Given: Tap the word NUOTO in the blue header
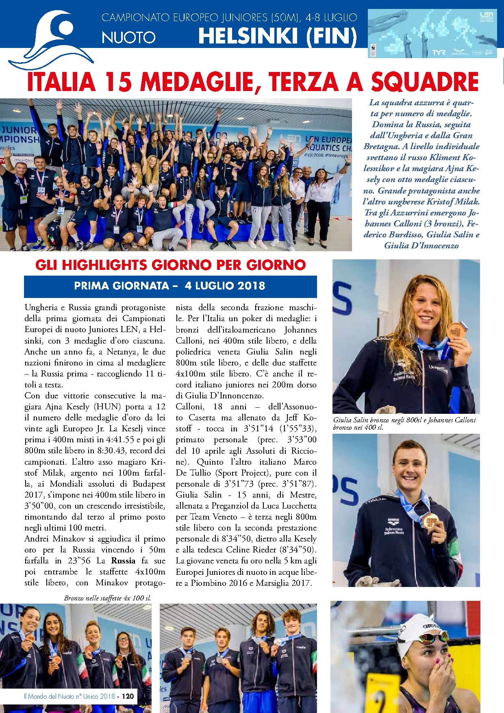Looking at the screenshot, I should pos(128,37).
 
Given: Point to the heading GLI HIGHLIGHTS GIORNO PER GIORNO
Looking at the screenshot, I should pos(170,265).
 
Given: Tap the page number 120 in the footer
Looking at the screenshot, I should pos(128,696).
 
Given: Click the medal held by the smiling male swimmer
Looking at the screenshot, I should pos(430,521).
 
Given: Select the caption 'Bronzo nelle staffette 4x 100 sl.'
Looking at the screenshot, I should pos(107,598).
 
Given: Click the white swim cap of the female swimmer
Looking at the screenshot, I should pos(419,626).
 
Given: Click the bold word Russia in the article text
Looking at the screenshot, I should pos(123,561).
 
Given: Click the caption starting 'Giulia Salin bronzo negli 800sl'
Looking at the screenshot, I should pos(404,423).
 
